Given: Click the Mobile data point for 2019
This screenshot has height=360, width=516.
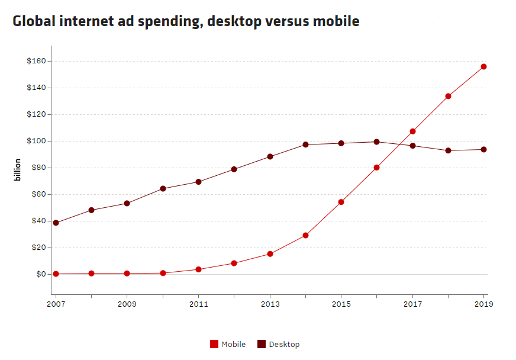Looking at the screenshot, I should click(x=483, y=66).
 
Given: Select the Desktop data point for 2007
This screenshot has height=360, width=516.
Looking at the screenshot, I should click(x=56, y=223).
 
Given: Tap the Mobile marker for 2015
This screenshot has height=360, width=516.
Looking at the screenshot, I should click(x=341, y=202).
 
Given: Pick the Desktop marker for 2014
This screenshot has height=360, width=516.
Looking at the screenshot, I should click(x=305, y=144).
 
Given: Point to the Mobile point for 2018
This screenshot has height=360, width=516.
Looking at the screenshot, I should click(x=448, y=96).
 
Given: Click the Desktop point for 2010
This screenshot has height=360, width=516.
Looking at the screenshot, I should click(x=163, y=188).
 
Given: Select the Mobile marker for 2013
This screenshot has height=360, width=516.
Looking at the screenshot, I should click(x=270, y=253).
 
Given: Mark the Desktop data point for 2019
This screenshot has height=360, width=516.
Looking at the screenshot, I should click(x=483, y=149).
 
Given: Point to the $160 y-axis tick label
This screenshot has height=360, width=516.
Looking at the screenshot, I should click(x=36, y=61).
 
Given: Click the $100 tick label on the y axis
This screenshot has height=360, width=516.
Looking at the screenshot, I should click(x=36, y=141).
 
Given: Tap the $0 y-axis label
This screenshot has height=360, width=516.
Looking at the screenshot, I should click(x=41, y=274).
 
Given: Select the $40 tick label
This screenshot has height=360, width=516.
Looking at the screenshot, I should click(x=38, y=221).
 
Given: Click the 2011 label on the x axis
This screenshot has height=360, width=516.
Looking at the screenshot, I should click(x=198, y=304).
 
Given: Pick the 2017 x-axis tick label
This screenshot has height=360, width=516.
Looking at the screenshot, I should click(x=412, y=304).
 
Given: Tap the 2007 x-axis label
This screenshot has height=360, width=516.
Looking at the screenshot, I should click(x=56, y=304).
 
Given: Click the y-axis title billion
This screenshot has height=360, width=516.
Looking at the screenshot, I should click(x=18, y=169).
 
